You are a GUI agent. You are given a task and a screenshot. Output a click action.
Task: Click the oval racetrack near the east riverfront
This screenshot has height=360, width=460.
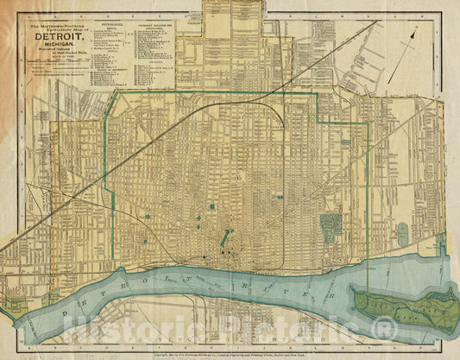coord(402,234)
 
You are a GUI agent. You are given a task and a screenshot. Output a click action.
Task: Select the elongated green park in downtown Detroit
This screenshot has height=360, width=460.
coord(225,237)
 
